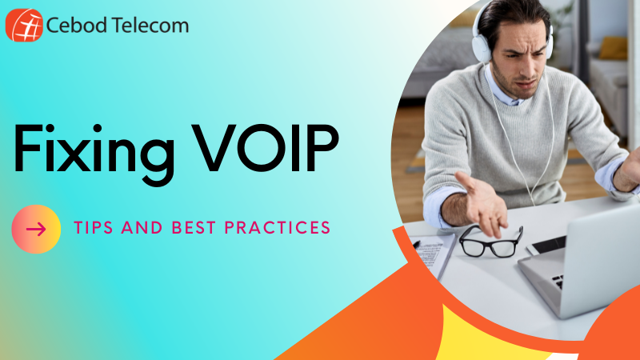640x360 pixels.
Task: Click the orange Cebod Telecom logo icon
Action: pos(24,26)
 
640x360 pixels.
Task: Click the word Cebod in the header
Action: pos(77,26)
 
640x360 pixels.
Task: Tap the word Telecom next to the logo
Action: pos(150,26)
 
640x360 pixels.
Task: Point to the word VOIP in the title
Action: pos(266,148)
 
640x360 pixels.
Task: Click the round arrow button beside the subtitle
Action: pos(36,229)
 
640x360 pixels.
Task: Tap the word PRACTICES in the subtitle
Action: pos(277,228)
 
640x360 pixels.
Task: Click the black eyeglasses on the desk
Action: pos(491,242)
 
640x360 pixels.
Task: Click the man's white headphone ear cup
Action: pos(482,46)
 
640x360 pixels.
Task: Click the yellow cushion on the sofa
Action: pos(614,48)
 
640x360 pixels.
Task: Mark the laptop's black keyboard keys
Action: pos(558,282)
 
